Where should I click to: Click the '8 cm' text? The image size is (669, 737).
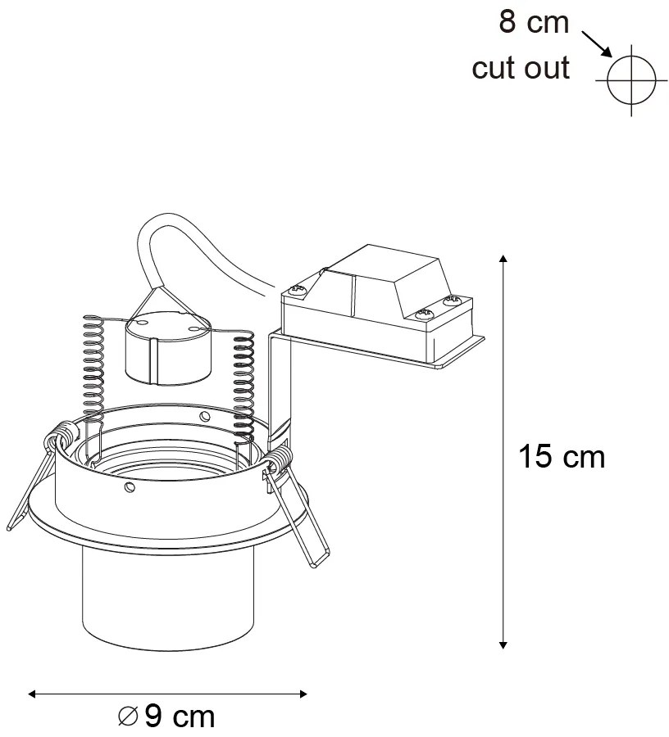pos(534,22)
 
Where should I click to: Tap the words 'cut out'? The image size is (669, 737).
pos(521,68)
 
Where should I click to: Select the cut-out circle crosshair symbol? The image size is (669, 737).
pos(632,79)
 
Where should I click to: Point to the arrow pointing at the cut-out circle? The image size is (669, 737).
pos(598,43)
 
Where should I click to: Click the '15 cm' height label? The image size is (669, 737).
pos(562,457)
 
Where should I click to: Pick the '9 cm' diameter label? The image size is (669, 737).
pos(179,717)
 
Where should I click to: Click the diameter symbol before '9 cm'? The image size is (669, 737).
pos(129,717)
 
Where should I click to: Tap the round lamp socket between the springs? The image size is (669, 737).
pos(166,348)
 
